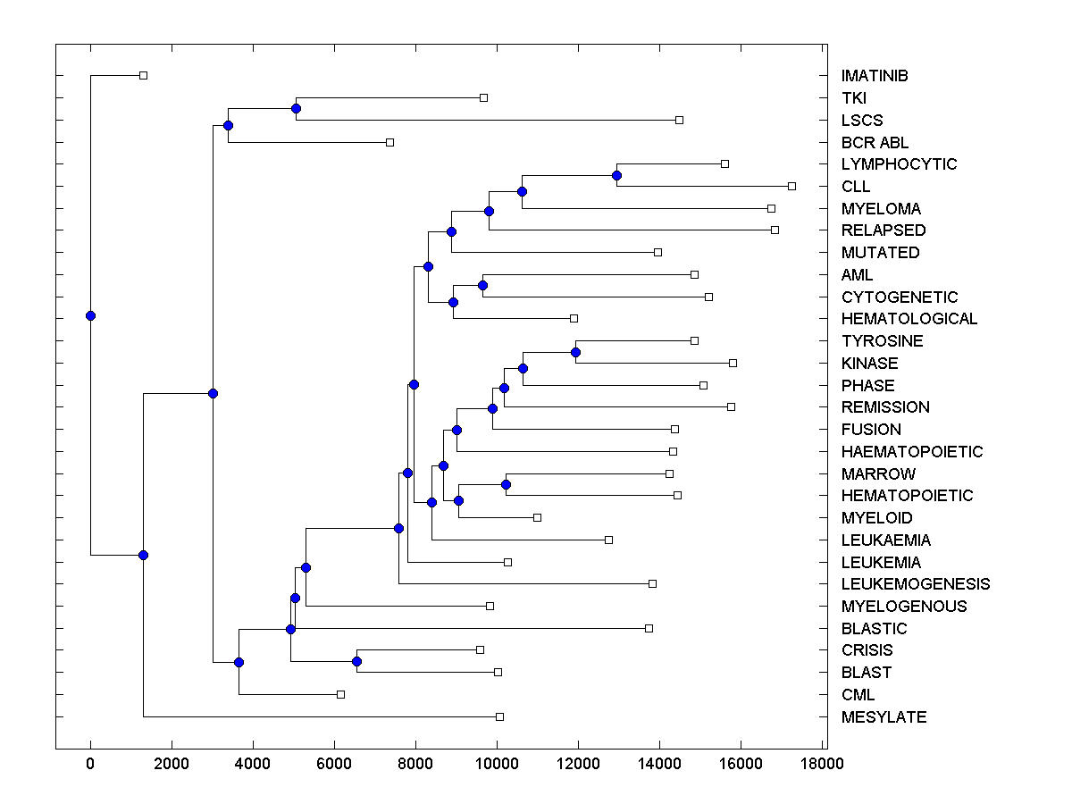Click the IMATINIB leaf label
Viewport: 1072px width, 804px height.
(875, 76)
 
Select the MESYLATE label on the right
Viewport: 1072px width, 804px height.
(884, 717)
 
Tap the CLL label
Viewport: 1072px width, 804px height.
(855, 187)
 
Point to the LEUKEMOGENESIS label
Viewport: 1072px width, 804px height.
(915, 584)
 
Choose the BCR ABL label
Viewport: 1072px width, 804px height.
(875, 142)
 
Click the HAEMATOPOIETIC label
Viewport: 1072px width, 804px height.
(911, 452)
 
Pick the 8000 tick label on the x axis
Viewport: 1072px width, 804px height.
(415, 764)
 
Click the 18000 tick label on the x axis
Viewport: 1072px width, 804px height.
(821, 764)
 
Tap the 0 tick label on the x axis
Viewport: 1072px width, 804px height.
(90, 764)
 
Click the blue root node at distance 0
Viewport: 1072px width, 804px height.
(90, 315)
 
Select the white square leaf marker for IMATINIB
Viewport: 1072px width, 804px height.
(143, 75)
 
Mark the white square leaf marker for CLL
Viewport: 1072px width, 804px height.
(791, 186)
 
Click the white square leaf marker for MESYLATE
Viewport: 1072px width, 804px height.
(499, 716)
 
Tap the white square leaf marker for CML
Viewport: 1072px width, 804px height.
(340, 694)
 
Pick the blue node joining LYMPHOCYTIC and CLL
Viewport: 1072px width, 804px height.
(616, 175)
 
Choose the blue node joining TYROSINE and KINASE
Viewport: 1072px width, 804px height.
(575, 352)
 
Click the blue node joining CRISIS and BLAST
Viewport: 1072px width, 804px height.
(356, 661)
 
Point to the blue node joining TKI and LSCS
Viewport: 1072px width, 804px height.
(296, 109)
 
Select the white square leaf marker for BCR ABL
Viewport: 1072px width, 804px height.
(389, 142)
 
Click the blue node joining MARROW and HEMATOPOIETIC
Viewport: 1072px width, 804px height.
(506, 484)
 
